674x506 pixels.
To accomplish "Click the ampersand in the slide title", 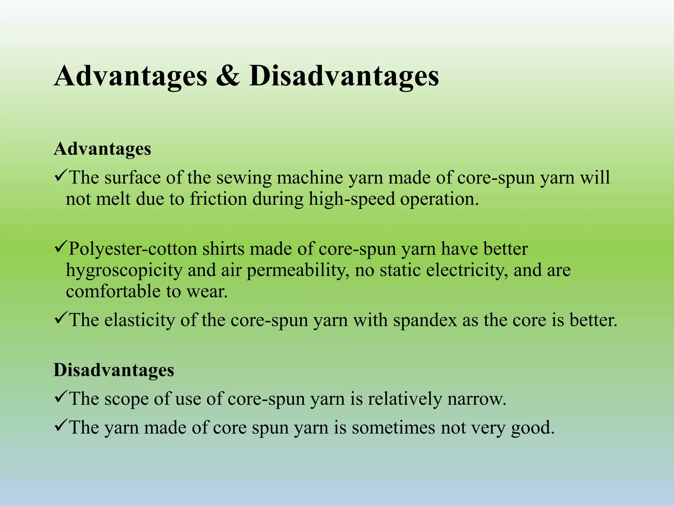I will (228, 76).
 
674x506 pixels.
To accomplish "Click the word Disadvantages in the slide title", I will (344, 76).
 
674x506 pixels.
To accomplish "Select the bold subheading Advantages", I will (102, 149).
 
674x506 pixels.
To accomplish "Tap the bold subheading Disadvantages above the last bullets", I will (114, 370).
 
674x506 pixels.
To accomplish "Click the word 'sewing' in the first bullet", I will (244, 178).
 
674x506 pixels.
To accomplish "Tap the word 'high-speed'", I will (351, 199).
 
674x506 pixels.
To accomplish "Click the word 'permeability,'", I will (298, 270).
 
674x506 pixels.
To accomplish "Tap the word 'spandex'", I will (425, 320).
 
